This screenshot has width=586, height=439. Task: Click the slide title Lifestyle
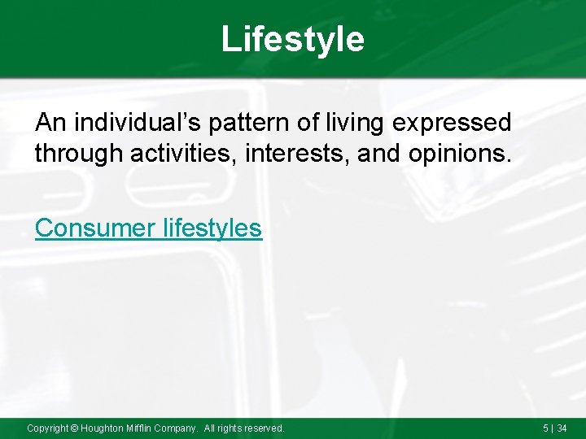pyautogui.click(x=293, y=39)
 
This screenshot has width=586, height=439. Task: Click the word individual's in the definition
pyautogui.click(x=139, y=123)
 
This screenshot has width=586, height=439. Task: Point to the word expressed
pyautogui.click(x=461, y=123)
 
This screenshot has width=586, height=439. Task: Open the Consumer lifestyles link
pyautogui.click(x=149, y=228)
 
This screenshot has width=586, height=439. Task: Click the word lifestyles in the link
pyautogui.click(x=212, y=228)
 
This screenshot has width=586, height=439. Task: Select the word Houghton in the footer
pyautogui.click(x=103, y=428)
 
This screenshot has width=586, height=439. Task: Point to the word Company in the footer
pyautogui.click(x=180, y=428)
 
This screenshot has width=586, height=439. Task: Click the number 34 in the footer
pyautogui.click(x=562, y=428)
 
